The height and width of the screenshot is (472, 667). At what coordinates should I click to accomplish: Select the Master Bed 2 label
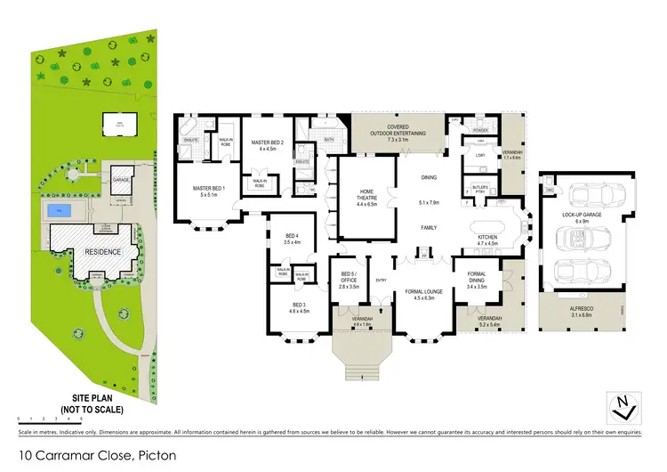[267, 145]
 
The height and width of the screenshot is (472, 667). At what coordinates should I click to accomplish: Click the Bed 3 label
[298, 309]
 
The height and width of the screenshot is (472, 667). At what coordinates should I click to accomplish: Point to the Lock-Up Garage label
[583, 218]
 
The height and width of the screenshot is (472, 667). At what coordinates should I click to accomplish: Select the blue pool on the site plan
[60, 211]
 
